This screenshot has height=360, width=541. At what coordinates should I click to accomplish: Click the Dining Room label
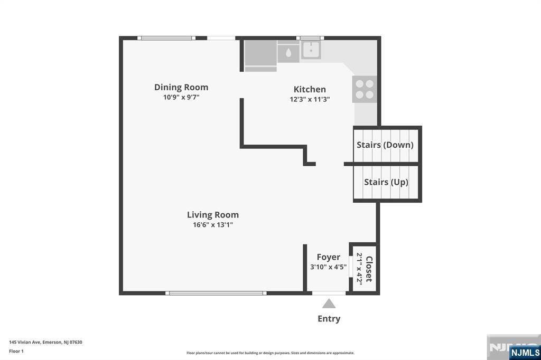(181, 87)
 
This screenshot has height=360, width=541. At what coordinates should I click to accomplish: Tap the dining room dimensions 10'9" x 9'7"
(181, 97)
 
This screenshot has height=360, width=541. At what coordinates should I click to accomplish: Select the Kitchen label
(310, 89)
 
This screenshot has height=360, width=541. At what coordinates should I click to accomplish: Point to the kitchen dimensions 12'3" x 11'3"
(310, 99)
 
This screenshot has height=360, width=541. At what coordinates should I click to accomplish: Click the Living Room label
(213, 215)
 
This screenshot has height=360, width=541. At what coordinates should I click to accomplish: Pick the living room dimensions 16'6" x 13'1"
(213, 225)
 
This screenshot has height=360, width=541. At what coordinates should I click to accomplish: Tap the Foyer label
(329, 257)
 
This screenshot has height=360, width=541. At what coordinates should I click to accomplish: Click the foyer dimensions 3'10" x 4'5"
(329, 267)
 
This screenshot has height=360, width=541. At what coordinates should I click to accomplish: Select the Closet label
(369, 269)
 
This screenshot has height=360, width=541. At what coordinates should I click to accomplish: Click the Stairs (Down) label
(385, 145)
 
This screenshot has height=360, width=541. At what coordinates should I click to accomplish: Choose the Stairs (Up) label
(386, 182)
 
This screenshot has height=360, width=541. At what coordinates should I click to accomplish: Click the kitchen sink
(311, 50)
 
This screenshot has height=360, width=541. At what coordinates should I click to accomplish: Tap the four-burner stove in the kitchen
(365, 89)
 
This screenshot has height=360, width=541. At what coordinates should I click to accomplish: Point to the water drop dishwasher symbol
(288, 53)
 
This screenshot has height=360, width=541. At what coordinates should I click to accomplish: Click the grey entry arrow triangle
(329, 304)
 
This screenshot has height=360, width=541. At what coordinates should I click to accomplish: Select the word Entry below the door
(329, 319)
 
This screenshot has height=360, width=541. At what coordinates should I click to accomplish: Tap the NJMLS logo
(525, 353)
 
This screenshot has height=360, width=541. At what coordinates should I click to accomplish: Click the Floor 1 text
(16, 352)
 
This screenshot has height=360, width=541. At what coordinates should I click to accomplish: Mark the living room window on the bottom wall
(216, 293)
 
